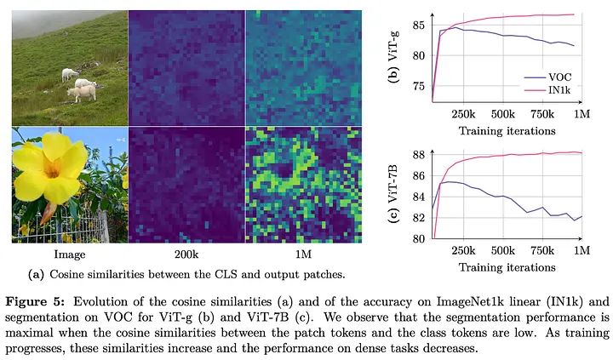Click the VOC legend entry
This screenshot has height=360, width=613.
pos(547,77)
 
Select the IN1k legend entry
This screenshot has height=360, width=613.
pos(547,90)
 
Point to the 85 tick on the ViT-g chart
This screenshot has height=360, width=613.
pos(419,25)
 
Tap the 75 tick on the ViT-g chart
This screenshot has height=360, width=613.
pos(419,87)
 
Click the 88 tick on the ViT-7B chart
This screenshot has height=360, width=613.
pos(419,155)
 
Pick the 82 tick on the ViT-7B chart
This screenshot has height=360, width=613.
pos(419,218)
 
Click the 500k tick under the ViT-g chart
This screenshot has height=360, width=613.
pos(503,114)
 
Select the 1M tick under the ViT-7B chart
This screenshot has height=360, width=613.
pos(581,250)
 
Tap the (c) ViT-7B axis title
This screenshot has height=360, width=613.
pos(392,193)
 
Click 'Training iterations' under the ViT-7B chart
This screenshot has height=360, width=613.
pos(507,267)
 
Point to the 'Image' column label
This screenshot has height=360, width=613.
pos(70,254)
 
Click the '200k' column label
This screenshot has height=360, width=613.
pos(186,254)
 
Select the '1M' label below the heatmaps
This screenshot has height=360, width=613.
pos(303,254)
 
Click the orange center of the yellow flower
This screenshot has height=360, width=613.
pos(51,168)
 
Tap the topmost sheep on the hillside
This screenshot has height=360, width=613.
pos(70,74)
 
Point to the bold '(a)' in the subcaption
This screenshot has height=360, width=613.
pos(36,274)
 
